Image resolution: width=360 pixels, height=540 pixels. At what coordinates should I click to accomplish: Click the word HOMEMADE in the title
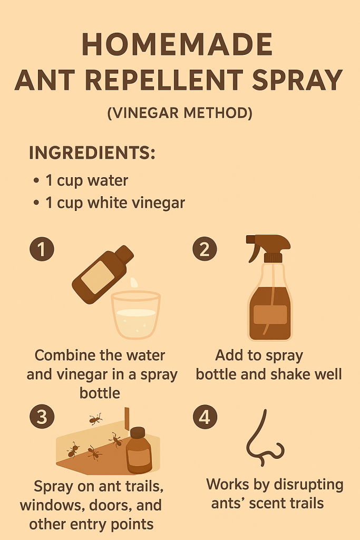(x=177, y=45)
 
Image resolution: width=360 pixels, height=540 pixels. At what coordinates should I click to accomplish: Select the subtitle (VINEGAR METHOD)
(x=180, y=113)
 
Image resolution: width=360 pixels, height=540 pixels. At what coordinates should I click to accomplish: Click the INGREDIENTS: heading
(x=92, y=152)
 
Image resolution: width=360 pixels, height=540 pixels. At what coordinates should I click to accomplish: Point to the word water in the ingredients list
(x=108, y=180)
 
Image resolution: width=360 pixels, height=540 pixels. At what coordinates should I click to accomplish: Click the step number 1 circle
(x=42, y=249)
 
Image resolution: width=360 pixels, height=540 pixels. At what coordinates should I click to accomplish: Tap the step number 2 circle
(x=205, y=249)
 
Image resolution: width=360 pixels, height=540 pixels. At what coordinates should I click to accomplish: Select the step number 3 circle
(x=42, y=417)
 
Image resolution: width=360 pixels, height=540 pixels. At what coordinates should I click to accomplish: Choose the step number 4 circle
(x=205, y=417)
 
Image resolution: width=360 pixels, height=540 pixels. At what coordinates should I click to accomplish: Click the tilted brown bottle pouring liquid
(x=103, y=274)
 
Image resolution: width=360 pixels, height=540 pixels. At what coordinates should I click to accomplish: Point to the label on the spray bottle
(x=270, y=315)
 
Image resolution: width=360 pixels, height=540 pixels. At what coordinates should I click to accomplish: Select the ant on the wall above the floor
(x=95, y=419)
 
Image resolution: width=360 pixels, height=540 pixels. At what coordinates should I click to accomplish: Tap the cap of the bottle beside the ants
(x=138, y=432)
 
